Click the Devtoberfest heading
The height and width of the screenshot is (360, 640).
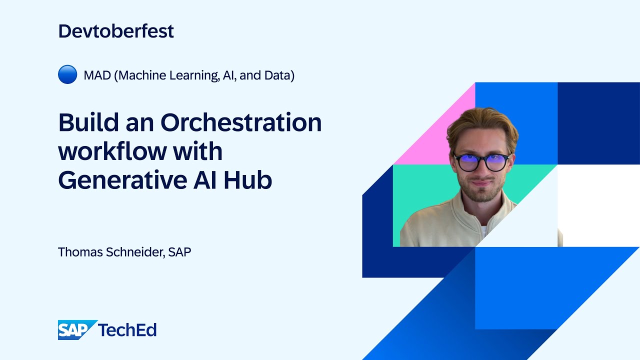116,31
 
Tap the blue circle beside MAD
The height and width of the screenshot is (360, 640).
67,75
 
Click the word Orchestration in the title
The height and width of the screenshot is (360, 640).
241,122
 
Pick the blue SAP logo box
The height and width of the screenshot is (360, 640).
76,330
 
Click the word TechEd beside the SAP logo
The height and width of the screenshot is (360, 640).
127,330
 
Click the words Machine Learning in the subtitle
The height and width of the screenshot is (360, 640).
168,75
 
